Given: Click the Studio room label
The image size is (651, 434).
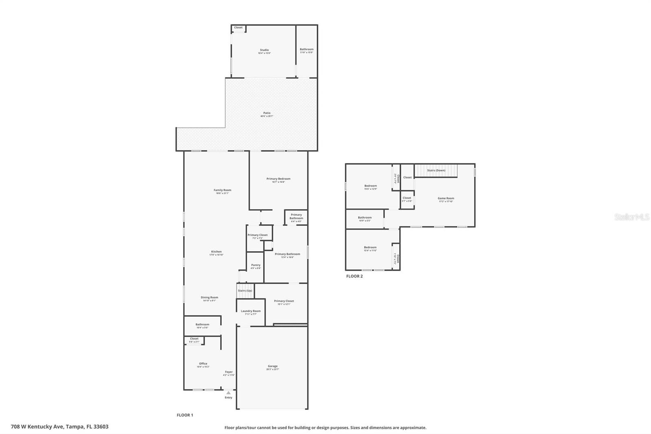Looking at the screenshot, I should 264,50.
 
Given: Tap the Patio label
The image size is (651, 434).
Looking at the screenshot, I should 267,113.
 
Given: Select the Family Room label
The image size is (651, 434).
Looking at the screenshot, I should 222,190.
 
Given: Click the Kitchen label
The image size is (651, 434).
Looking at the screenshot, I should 216,252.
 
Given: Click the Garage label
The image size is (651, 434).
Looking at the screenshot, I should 273,366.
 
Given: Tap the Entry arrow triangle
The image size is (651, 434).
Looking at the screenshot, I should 228,393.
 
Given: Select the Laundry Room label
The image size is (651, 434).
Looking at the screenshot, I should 251,311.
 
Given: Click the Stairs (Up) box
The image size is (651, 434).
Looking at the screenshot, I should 245,291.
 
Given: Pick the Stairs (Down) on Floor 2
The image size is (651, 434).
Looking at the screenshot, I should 436,170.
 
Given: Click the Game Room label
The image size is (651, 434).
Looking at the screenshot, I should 446,198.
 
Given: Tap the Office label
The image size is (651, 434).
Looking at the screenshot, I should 203,364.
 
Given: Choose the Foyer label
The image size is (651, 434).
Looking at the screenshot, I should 229,372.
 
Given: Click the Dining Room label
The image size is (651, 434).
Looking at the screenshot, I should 209,298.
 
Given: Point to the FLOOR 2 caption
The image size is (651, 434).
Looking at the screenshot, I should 354,276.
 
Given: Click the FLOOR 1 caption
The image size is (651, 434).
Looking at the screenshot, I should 185,415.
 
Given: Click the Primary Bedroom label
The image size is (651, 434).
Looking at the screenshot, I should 278,179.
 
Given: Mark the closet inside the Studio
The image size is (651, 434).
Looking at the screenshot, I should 238,28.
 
